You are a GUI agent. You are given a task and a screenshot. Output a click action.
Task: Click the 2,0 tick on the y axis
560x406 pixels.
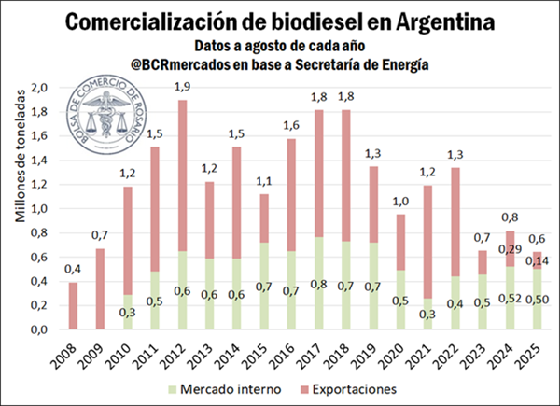[x=38, y=88]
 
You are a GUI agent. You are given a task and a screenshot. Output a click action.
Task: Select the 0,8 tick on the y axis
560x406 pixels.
[x=38, y=232]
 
